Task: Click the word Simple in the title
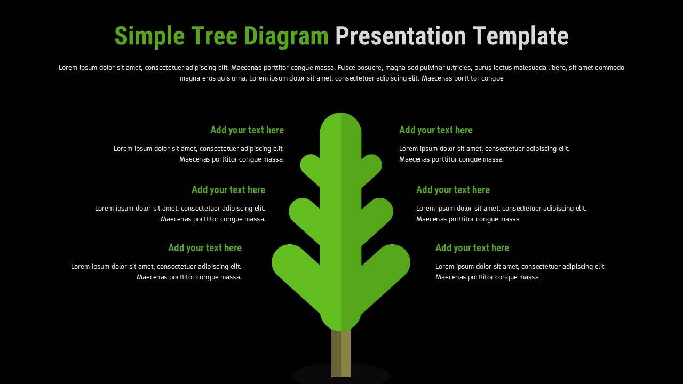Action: click(x=149, y=36)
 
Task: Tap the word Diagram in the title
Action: click(x=286, y=36)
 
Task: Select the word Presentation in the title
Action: click(x=400, y=36)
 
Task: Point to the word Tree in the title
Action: click(x=214, y=36)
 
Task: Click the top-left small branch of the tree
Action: click(x=311, y=166)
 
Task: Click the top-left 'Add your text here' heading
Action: click(x=247, y=130)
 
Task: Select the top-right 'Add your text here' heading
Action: click(x=436, y=130)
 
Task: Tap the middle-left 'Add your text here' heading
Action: click(x=228, y=190)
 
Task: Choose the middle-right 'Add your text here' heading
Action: click(x=453, y=190)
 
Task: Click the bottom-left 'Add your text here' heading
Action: click(x=205, y=248)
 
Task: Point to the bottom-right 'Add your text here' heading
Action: click(x=472, y=248)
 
